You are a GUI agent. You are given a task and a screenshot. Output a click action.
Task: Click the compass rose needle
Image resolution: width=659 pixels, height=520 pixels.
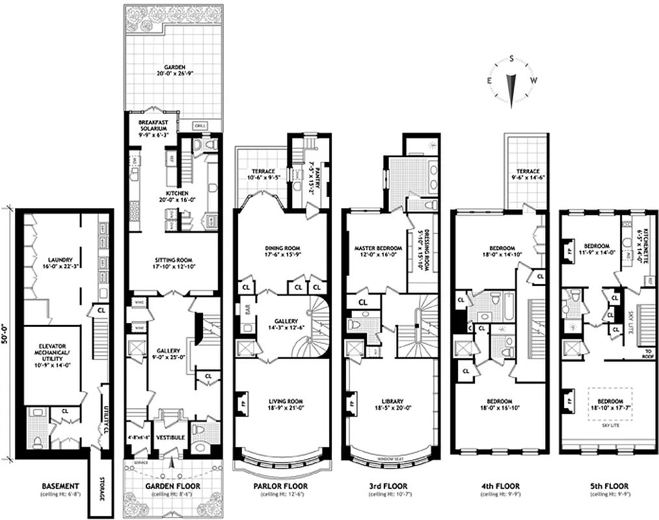[512, 88]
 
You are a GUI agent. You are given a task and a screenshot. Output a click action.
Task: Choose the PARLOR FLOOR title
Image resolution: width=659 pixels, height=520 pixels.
[281, 486]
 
